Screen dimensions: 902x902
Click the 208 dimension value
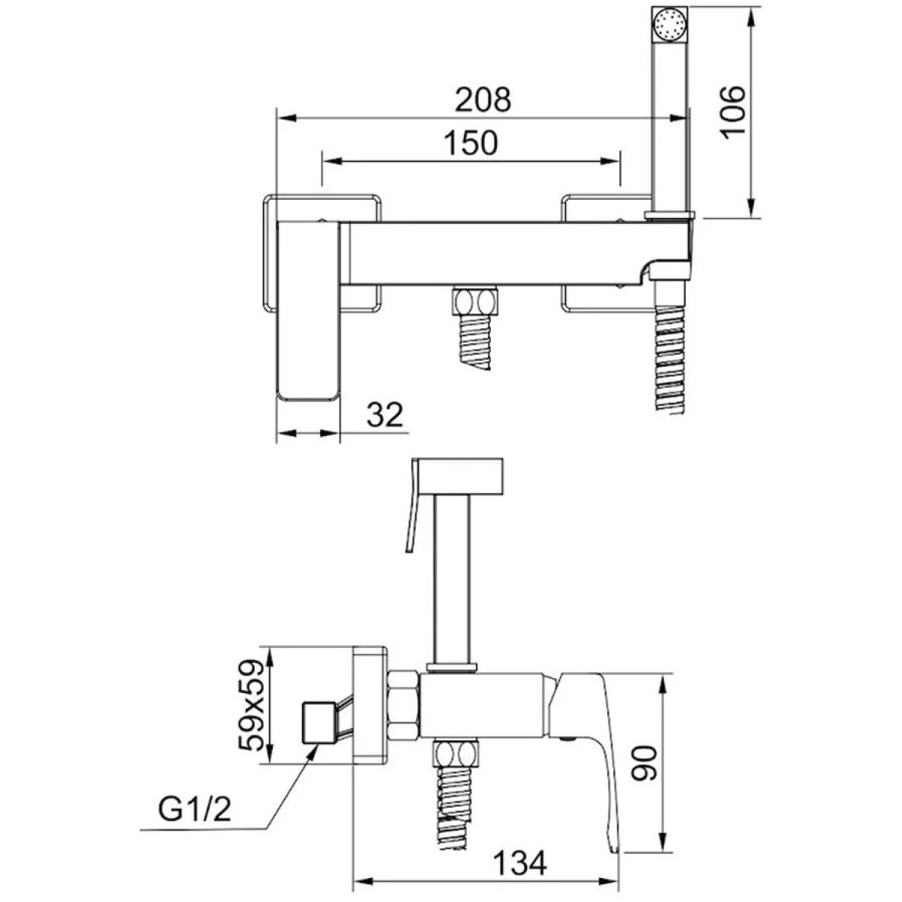(483, 100)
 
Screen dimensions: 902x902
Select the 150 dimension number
(471, 143)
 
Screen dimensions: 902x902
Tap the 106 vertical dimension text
(733, 112)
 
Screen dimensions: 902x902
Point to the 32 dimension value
(385, 414)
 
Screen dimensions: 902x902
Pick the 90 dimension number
(644, 770)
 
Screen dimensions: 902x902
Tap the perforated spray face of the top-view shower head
(670, 24)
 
